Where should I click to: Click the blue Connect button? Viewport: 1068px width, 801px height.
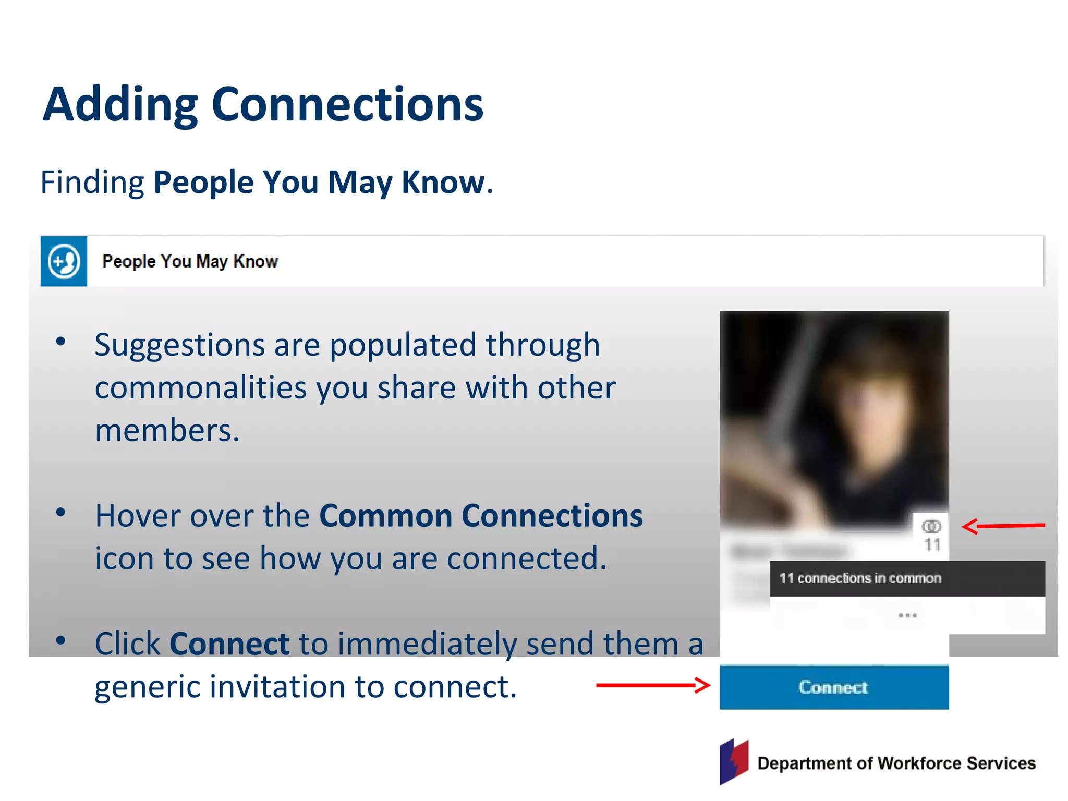pos(834,687)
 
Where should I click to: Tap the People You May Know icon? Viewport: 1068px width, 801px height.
pos(64,261)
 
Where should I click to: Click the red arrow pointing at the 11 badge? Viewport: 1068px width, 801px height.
pos(1003,526)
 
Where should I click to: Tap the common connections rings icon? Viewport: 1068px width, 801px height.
pos(931,526)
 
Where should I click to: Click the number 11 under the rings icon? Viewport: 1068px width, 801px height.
pos(932,545)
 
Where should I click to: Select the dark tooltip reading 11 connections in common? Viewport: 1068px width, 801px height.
pos(907,578)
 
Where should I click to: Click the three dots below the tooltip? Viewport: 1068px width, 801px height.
pos(907,616)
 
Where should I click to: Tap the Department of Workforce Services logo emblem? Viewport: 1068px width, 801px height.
pos(734,761)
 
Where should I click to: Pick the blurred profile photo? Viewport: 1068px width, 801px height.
pos(834,417)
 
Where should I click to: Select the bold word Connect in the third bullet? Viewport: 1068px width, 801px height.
pos(229,644)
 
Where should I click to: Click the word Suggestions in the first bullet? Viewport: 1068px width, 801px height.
pos(180,345)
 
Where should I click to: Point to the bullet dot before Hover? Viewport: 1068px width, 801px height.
pos(61,513)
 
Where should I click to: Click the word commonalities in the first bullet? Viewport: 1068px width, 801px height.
pos(201,388)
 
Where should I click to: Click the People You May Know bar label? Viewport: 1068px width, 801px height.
pos(190,261)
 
